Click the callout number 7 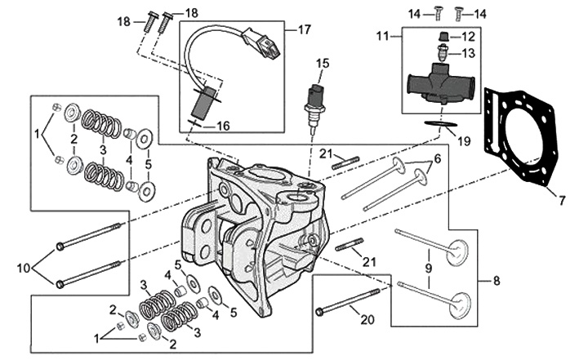(x=561, y=197)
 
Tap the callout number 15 (x=323, y=63)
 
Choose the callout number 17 (x=305, y=30)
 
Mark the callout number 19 (x=464, y=140)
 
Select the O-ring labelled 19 (x=440, y=123)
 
